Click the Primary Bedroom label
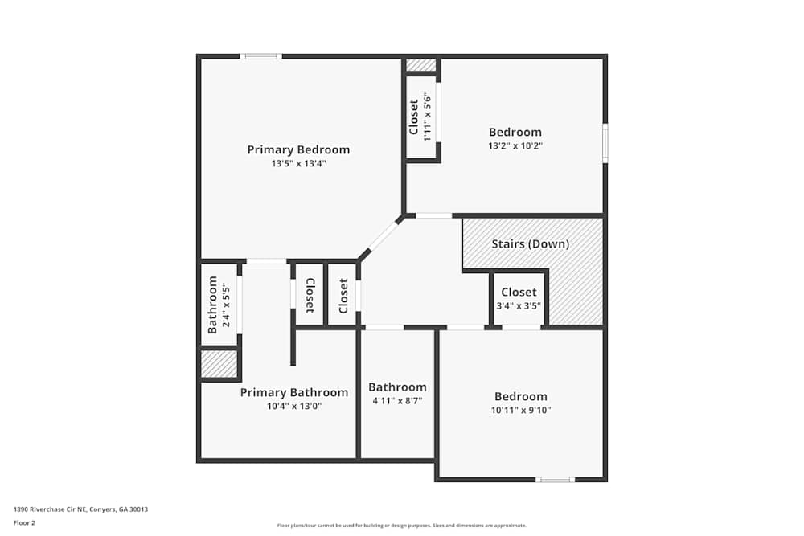[298, 149]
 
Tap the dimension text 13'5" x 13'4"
[298, 163]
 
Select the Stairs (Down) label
[530, 243]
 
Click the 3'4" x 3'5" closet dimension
[519, 306]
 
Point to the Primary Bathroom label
[294, 392]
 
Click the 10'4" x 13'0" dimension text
[294, 406]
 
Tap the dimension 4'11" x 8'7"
[397, 400]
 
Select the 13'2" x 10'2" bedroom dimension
[515, 145]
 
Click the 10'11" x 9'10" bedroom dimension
[521, 410]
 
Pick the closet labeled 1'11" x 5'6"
[421, 117]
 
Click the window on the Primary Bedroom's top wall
[260, 56]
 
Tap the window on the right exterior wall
[605, 143]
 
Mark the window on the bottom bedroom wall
[556, 480]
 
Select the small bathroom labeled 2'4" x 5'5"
[219, 305]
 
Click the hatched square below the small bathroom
[219, 364]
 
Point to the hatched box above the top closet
[420, 65]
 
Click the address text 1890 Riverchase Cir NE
[80, 509]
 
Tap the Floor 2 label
[24, 522]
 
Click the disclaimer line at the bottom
[402, 526]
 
